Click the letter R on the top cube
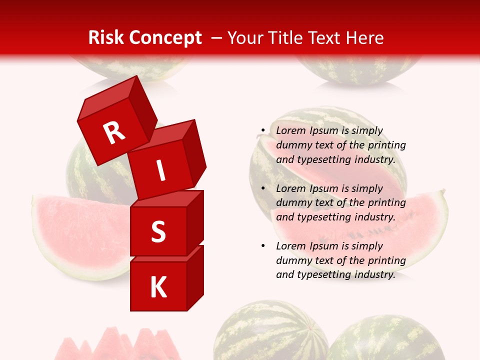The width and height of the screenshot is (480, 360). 114,133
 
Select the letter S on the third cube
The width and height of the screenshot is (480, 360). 158,231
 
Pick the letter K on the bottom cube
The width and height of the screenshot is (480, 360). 158,287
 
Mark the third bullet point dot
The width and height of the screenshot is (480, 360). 262,246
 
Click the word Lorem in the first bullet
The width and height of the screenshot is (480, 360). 290,131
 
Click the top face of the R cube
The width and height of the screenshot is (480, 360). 107,95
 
